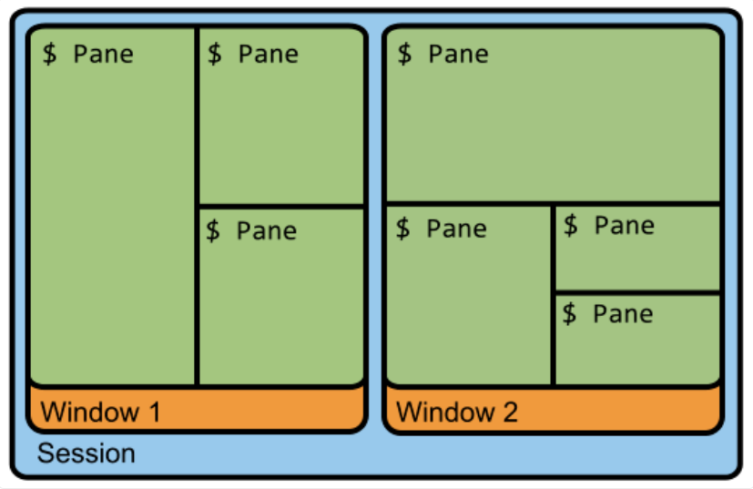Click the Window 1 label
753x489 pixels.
click(x=100, y=412)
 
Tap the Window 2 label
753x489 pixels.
click(x=457, y=412)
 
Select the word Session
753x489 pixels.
click(x=86, y=453)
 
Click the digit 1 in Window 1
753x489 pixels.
click(x=155, y=412)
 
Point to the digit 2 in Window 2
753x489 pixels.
click(x=511, y=412)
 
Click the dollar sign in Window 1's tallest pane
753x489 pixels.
click(x=49, y=54)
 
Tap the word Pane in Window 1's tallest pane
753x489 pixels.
click(x=103, y=54)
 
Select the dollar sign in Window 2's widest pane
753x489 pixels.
click(x=405, y=54)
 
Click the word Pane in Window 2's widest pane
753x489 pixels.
click(x=459, y=54)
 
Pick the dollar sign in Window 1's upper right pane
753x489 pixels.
click(x=215, y=54)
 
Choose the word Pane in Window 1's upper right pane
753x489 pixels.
click(x=269, y=54)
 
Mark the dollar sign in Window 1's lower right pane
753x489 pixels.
click(x=213, y=230)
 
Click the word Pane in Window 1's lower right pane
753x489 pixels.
click(x=267, y=230)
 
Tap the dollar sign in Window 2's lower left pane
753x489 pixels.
click(x=403, y=229)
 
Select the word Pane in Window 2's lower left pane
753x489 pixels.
click(x=457, y=229)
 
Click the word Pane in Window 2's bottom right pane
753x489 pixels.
click(x=623, y=314)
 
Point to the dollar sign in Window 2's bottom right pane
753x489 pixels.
click(x=569, y=313)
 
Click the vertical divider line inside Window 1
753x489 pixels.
click(x=197, y=206)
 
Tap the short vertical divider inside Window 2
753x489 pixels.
click(x=554, y=295)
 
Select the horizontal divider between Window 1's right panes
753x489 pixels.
click(x=281, y=207)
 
